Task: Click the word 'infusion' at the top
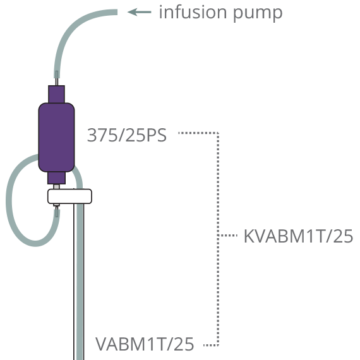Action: coord(193,12)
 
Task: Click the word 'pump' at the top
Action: coord(258,14)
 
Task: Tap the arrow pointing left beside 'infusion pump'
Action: coord(140,12)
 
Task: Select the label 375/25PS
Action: coord(127,135)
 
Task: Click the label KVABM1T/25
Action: coord(298,236)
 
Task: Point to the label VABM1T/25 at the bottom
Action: coord(145,344)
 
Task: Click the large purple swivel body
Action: coord(56,137)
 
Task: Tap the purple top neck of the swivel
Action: coord(56,94)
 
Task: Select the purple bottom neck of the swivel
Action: coord(56,178)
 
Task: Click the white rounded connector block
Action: coord(70,196)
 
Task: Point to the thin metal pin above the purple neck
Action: coord(56,81)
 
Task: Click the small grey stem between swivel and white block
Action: coord(56,187)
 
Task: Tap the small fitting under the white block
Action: coord(56,205)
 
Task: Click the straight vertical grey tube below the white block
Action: coord(80,282)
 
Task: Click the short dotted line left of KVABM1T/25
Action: coord(227,235)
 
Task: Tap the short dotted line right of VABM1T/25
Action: coord(211,345)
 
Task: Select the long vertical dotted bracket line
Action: coord(218,239)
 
